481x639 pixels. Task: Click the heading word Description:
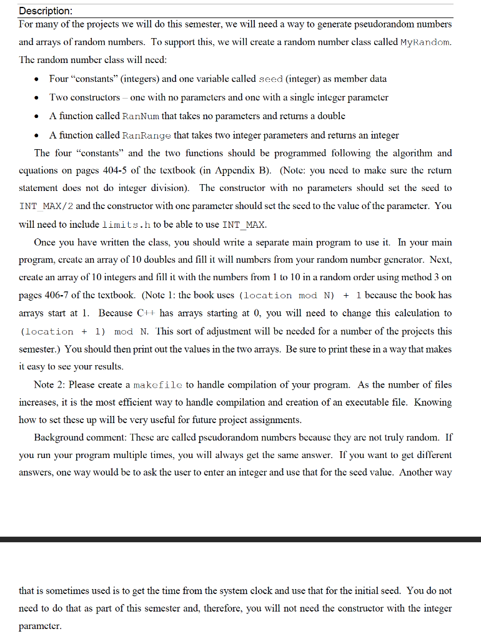coord(46,11)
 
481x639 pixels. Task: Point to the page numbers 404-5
coord(112,170)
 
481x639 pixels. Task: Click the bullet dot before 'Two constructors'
coord(39,98)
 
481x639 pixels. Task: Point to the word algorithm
coord(401,153)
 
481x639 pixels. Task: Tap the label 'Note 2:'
coord(52,385)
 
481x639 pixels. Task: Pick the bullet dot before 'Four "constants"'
coord(39,79)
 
